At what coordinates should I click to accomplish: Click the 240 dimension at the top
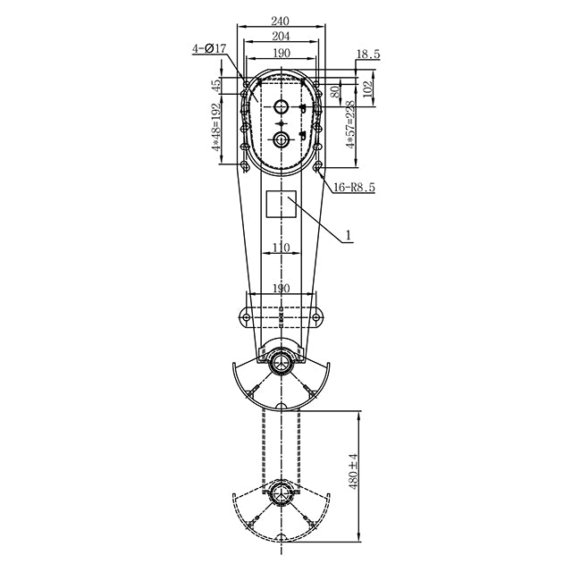pyautogui.click(x=282, y=21)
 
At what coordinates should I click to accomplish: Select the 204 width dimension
pyautogui.click(x=282, y=37)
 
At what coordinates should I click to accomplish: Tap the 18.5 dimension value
pyautogui.click(x=368, y=55)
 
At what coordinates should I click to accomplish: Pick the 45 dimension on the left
pyautogui.click(x=216, y=86)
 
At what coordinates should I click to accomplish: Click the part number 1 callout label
pyautogui.click(x=349, y=237)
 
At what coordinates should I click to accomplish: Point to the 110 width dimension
pyautogui.click(x=282, y=248)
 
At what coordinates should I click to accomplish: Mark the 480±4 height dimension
pyautogui.click(x=353, y=469)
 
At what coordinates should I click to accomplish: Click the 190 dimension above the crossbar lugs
pyautogui.click(x=282, y=288)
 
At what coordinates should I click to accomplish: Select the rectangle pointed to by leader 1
pyautogui.click(x=282, y=205)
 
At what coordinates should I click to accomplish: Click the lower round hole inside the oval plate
pyautogui.click(x=282, y=139)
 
